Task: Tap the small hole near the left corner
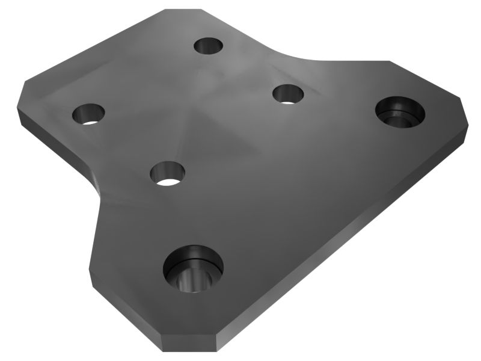tap(88, 113)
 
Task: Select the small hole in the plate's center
tap(167, 173)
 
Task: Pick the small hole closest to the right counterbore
tap(288, 94)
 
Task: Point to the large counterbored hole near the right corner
tap(400, 111)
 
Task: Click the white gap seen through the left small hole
tap(91, 120)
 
